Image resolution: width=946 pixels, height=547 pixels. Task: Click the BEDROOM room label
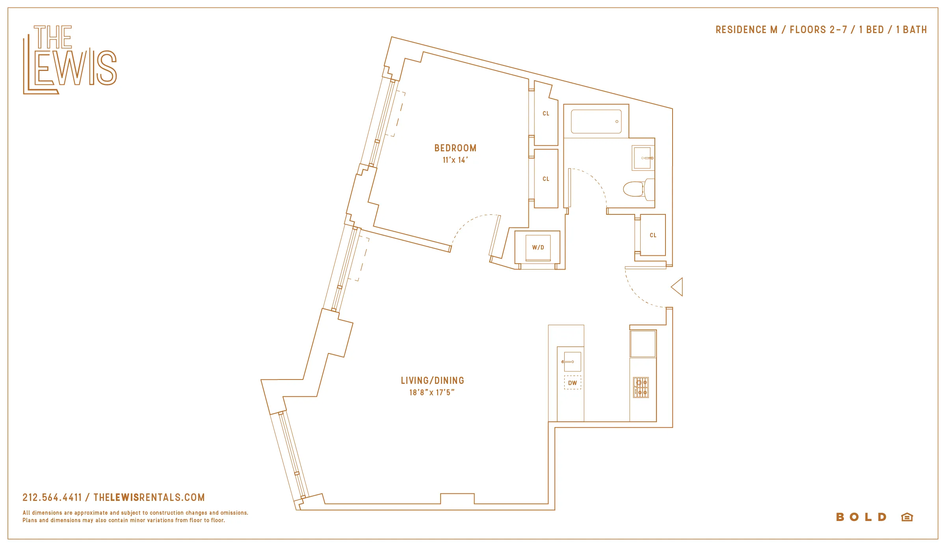pyautogui.click(x=455, y=148)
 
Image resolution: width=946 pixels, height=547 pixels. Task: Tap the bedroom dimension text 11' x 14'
pyautogui.click(x=455, y=160)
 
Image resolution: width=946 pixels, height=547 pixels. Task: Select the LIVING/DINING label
pyautogui.click(x=432, y=381)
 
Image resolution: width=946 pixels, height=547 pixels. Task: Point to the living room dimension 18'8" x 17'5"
pyautogui.click(x=432, y=393)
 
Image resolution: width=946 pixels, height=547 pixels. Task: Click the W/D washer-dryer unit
pyautogui.click(x=538, y=247)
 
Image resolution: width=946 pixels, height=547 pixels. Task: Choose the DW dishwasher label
pyautogui.click(x=572, y=383)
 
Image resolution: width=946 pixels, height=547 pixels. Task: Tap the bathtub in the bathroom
pyautogui.click(x=596, y=121)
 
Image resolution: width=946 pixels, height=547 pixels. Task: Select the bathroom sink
pyautogui.click(x=643, y=158)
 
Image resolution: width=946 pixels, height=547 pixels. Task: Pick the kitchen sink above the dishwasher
pyautogui.click(x=572, y=362)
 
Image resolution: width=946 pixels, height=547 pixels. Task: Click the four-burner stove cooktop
pyautogui.click(x=641, y=387)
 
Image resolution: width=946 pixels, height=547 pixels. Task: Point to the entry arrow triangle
pyautogui.click(x=677, y=287)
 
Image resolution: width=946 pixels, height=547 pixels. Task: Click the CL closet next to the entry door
pyautogui.click(x=653, y=235)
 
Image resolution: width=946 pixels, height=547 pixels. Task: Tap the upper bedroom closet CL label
pyautogui.click(x=546, y=113)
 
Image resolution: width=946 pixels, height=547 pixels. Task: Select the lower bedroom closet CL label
pyautogui.click(x=546, y=179)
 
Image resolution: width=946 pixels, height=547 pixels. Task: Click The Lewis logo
pyautogui.click(x=70, y=60)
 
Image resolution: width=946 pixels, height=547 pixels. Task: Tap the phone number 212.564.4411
pyautogui.click(x=52, y=497)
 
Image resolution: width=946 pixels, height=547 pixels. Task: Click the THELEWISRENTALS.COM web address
pyautogui.click(x=149, y=497)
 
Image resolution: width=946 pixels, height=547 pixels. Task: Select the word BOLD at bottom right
pyautogui.click(x=861, y=517)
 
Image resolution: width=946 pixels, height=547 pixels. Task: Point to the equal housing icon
pyautogui.click(x=907, y=517)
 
